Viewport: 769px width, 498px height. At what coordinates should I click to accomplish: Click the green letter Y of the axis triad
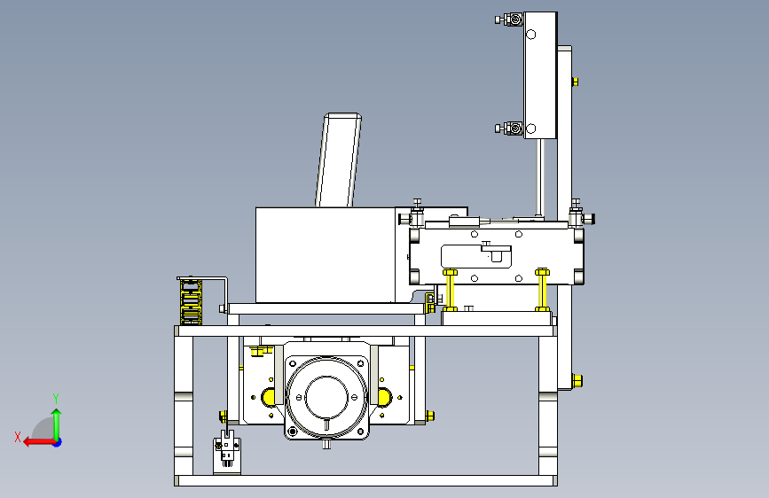[x=56, y=398]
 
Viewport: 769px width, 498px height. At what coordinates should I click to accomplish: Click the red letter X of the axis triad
[x=18, y=437]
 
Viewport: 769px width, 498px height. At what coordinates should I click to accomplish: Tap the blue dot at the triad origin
[x=58, y=442]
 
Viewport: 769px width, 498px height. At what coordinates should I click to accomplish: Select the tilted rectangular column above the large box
[x=339, y=160]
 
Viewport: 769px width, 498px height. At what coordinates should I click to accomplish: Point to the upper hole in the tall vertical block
[x=530, y=35]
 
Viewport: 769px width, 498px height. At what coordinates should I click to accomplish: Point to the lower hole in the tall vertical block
[x=530, y=128]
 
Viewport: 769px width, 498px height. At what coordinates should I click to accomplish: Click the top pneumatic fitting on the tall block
[x=509, y=19]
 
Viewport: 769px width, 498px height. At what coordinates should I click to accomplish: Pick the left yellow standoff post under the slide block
[x=450, y=290]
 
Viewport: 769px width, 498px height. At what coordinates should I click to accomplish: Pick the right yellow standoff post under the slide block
[x=542, y=290]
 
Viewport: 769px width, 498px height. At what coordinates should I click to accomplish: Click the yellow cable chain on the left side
[x=191, y=301]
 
